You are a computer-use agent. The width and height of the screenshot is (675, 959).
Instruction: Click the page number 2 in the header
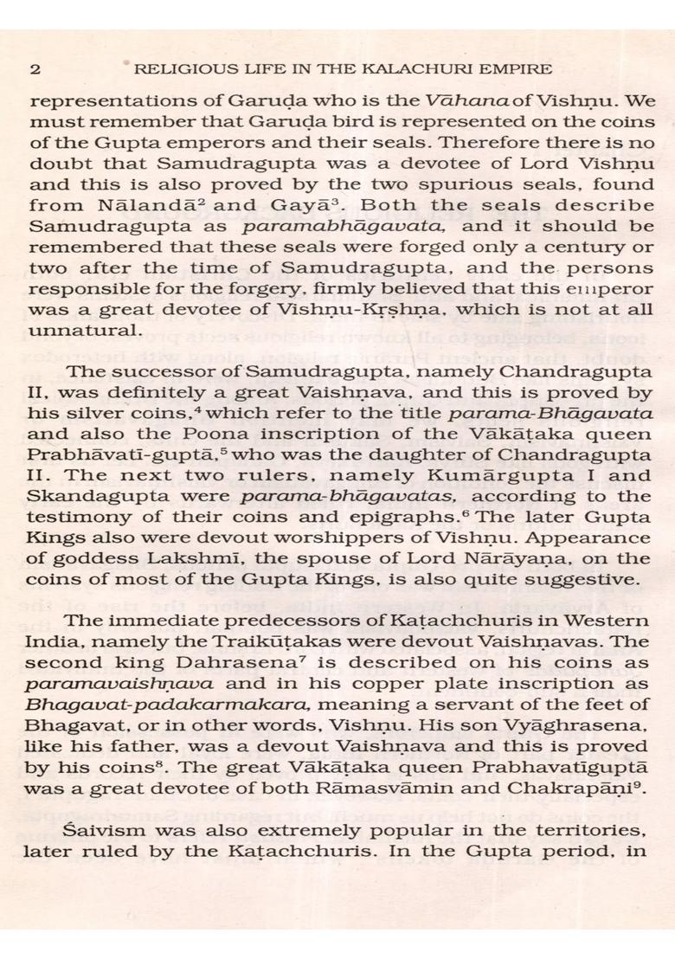(x=35, y=68)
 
